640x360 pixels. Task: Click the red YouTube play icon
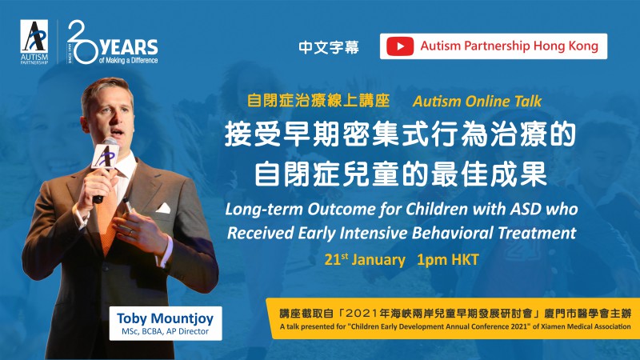(400, 46)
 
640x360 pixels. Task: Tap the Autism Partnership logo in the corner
(34, 42)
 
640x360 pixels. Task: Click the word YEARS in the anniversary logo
(129, 48)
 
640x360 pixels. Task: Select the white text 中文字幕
(329, 47)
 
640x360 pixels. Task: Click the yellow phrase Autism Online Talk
(477, 102)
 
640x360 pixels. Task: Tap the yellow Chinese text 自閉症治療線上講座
(318, 101)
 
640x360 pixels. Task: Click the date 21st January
(365, 259)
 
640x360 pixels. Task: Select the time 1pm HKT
(447, 259)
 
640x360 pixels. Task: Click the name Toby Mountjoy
(166, 318)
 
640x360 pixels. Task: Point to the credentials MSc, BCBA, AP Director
(166, 331)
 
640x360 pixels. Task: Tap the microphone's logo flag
(106, 155)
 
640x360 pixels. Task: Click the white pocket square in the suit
(163, 208)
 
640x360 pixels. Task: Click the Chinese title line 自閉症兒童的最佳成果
(401, 174)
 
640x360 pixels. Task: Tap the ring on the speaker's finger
(130, 231)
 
